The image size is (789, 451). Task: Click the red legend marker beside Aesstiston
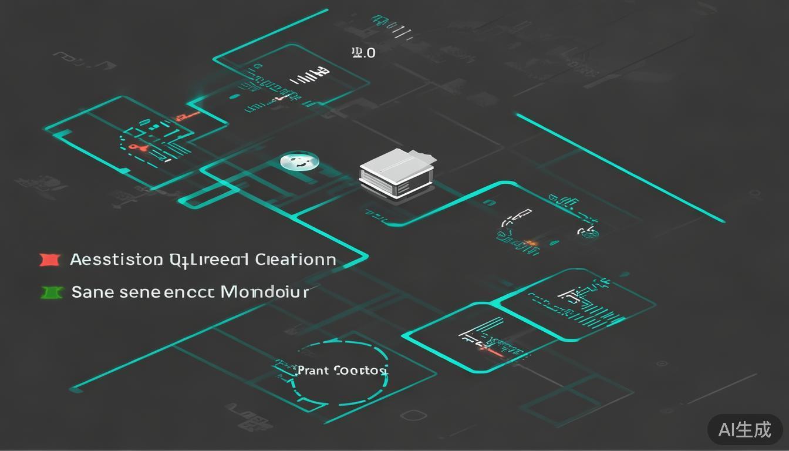tap(50, 260)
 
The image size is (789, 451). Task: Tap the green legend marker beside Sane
tap(52, 292)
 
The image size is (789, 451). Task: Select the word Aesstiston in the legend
tap(116, 260)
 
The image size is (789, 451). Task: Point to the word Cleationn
tap(296, 260)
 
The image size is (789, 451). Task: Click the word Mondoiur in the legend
tap(264, 291)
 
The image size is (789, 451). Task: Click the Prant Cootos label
tap(342, 371)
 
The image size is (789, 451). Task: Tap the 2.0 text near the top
tap(363, 53)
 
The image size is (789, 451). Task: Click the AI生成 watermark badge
tap(744, 429)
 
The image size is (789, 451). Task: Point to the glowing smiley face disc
tap(299, 161)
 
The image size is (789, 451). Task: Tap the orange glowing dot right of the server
tap(531, 243)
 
